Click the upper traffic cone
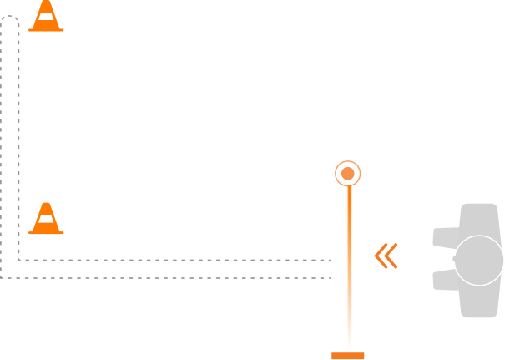tap(46, 16)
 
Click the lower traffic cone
tap(46, 219)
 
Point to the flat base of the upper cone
tap(46, 29)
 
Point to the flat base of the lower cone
tap(46, 232)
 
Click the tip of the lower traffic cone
tap(46, 204)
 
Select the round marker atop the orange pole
tap(348, 174)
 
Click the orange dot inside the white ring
tap(348, 174)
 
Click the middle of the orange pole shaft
tap(349, 263)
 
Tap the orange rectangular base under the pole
tap(348, 356)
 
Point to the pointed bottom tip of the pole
tap(349, 346)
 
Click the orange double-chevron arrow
tap(386, 256)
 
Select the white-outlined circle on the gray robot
tap(478, 261)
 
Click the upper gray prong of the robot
tap(445, 238)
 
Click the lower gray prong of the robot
tap(445, 280)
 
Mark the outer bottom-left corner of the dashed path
tap(2, 277)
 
